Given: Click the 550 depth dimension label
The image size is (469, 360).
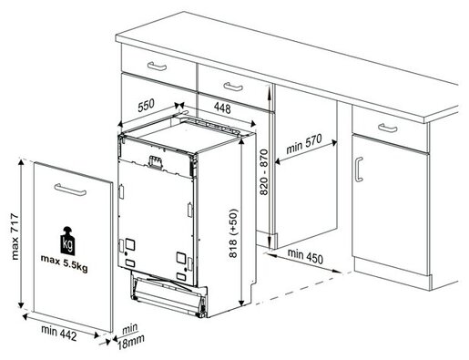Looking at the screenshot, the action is (146, 105).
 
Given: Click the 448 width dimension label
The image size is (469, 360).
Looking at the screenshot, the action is (222, 108).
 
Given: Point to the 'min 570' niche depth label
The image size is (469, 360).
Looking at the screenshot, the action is (304, 144).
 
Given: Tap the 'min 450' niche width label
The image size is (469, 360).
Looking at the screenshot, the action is (305, 256).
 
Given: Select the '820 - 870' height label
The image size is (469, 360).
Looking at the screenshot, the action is (264, 172).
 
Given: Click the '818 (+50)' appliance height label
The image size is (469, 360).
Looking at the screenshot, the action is (233, 233).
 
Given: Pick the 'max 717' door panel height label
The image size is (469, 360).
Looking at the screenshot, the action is (15, 237).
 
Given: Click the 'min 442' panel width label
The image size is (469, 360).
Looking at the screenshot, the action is (59, 333).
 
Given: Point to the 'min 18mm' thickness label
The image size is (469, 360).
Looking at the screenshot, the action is (130, 336).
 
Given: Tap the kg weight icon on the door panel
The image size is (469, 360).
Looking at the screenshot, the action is (67, 241).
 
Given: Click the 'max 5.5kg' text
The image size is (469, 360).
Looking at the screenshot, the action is (65, 262).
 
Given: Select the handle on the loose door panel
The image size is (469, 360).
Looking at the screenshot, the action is (70, 190).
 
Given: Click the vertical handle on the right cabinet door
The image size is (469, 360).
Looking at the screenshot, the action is (359, 170).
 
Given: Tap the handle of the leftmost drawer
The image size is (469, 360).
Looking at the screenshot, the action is (157, 66).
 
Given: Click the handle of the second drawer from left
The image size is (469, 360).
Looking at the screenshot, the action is (233, 87).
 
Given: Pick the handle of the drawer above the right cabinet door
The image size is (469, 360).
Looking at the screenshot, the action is (387, 128).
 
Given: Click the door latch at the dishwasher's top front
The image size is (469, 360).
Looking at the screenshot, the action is (155, 161).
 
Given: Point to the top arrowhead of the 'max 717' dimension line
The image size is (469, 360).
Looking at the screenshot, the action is (21, 161).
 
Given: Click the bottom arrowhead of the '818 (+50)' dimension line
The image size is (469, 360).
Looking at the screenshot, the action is (241, 303).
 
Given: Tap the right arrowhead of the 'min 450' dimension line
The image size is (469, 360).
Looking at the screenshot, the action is (338, 271).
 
